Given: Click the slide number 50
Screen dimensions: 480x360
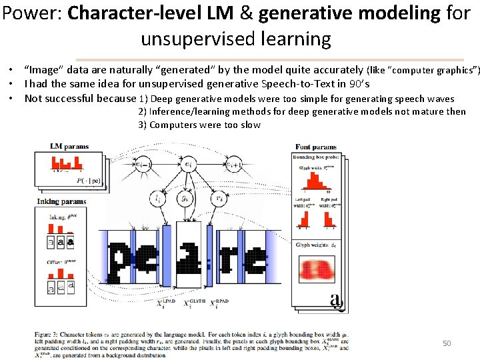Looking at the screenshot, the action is point(447,343).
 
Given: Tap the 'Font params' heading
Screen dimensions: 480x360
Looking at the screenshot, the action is point(317,147).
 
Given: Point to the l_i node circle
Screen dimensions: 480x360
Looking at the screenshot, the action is point(157,198).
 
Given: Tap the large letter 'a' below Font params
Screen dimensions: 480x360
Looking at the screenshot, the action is point(337,301).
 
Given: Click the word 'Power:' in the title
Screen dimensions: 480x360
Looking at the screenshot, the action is point(32,13).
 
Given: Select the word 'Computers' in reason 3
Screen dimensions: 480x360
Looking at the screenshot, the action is point(171,125).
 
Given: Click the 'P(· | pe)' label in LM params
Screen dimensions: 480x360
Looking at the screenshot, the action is point(89,179).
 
